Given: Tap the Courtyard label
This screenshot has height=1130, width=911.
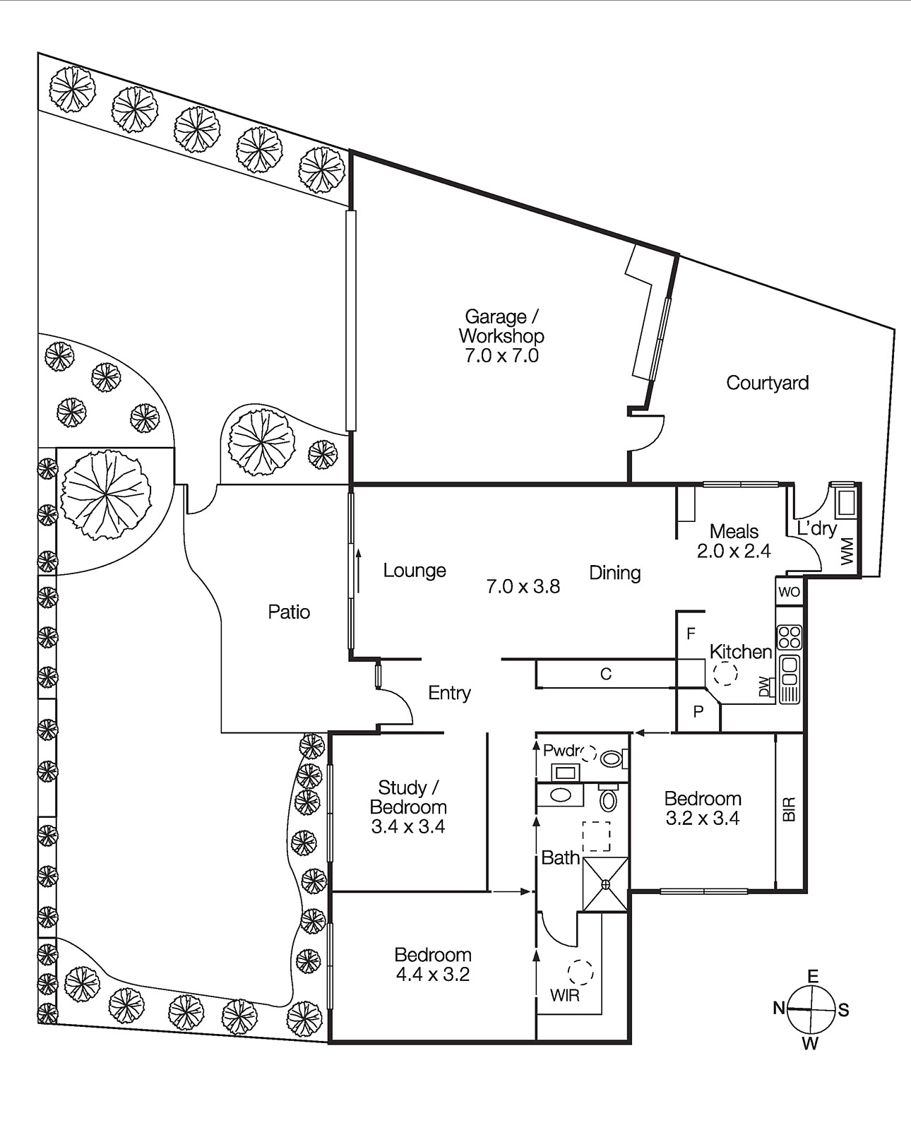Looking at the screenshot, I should pyautogui.click(x=767, y=383).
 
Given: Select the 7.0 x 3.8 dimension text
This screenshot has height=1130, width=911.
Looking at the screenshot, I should pyautogui.click(x=523, y=586).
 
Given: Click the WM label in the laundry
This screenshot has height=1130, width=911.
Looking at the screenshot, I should pyautogui.click(x=847, y=552).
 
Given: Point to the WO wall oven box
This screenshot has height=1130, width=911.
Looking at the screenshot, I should pyautogui.click(x=789, y=592).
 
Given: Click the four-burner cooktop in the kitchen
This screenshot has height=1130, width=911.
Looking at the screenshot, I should pyautogui.click(x=789, y=637).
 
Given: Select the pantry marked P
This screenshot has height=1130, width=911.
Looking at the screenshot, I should pyautogui.click(x=698, y=712).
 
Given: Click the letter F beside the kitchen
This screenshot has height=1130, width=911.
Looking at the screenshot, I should pyautogui.click(x=691, y=634).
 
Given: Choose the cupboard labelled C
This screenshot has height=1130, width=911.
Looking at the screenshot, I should pyautogui.click(x=605, y=674).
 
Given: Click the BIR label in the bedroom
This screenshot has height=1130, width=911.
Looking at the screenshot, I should pyautogui.click(x=790, y=809).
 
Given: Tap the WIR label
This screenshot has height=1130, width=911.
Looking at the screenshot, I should pyautogui.click(x=564, y=996).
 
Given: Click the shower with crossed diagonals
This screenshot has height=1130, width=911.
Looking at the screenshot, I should pyautogui.click(x=605, y=884).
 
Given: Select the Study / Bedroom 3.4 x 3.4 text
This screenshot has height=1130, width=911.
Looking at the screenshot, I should pyautogui.click(x=408, y=807).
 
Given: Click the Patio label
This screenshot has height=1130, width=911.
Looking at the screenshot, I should pyautogui.click(x=289, y=612).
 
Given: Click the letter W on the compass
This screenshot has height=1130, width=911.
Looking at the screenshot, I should pyautogui.click(x=811, y=1044).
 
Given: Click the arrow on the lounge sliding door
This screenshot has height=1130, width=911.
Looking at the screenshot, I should pyautogui.click(x=359, y=570).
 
